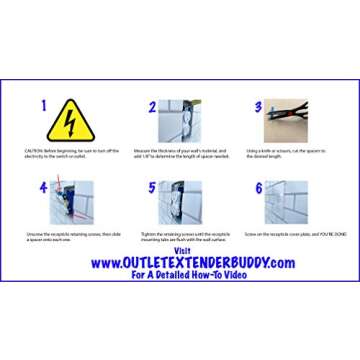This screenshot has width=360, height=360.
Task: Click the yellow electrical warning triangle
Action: coord(70,122)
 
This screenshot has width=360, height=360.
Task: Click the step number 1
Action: coord(43,105)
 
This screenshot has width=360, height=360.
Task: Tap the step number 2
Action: coord(152,106)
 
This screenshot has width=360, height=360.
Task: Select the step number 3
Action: coord(258,106)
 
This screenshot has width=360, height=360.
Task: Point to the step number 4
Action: coord(43,187)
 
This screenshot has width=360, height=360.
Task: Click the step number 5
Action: coord(152,187)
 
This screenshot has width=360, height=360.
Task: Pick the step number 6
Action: coord(258,187)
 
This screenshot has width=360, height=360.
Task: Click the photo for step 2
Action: coord(172,121)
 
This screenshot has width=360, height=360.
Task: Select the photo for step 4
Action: coord(70,203)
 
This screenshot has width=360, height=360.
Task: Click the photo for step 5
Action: coord(172,203)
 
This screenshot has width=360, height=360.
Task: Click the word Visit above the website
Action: coord(181,250)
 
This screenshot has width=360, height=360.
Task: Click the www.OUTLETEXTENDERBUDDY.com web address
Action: coord(192,262)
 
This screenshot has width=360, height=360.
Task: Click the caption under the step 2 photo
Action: coord(181,152)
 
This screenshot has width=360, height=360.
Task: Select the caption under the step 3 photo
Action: coord(287,152)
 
